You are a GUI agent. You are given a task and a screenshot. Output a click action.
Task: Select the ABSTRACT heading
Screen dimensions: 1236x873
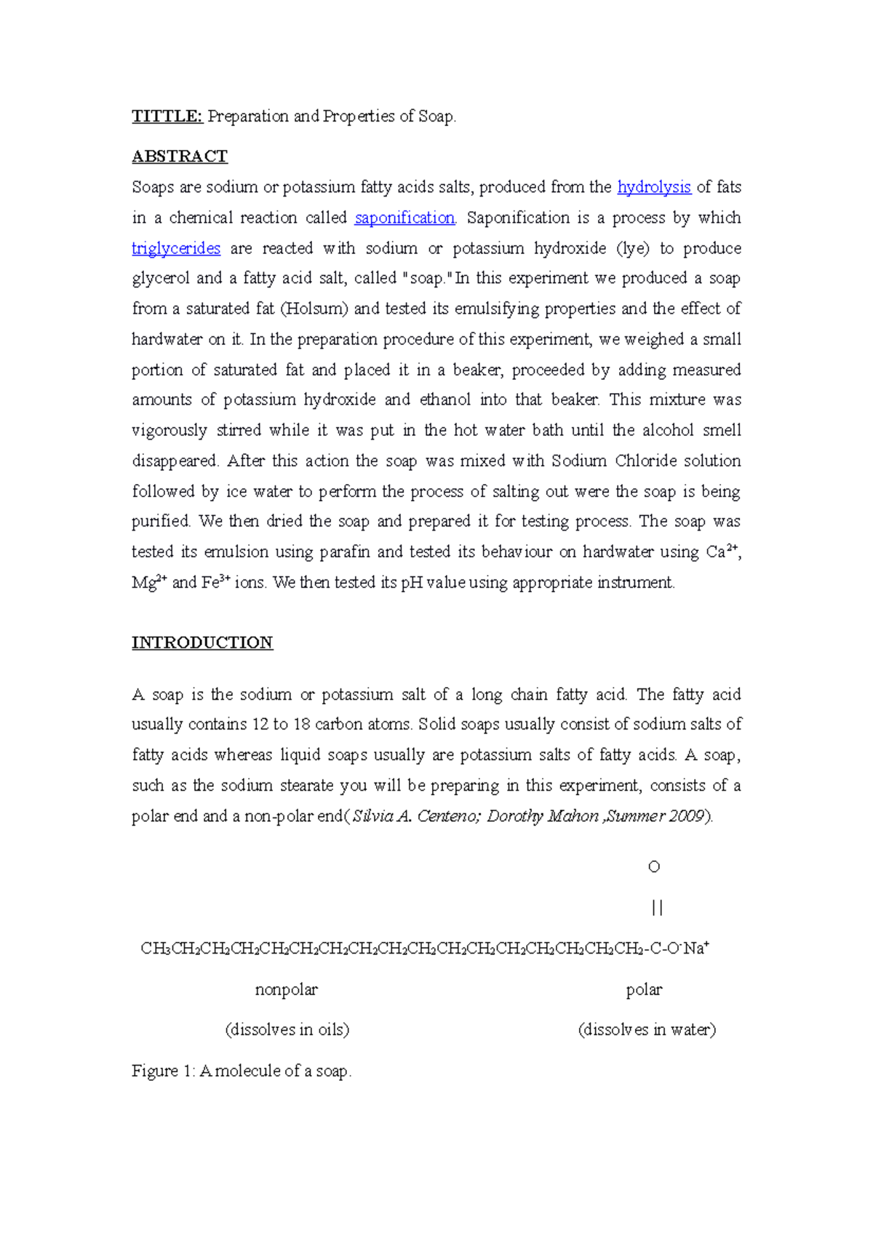click(x=179, y=157)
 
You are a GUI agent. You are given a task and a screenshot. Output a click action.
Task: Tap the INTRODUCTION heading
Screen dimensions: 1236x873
click(x=202, y=643)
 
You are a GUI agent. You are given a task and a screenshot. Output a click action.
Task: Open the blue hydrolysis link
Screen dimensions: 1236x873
click(x=653, y=187)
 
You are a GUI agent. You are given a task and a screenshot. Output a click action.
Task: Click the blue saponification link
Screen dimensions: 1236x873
click(x=404, y=218)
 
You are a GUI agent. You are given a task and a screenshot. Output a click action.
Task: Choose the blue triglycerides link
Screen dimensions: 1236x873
click(x=175, y=248)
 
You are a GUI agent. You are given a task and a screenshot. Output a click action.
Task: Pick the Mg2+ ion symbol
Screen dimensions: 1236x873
click(x=149, y=582)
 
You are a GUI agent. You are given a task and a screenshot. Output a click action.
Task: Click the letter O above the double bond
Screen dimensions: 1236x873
click(x=653, y=867)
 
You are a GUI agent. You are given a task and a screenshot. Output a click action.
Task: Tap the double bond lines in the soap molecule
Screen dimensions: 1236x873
click(x=657, y=908)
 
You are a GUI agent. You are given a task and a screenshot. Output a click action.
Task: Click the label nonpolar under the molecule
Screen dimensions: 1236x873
click(x=286, y=990)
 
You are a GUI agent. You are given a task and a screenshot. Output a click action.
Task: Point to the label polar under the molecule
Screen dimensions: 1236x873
click(x=644, y=990)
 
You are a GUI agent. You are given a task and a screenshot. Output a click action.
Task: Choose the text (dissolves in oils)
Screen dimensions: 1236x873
click(x=287, y=1030)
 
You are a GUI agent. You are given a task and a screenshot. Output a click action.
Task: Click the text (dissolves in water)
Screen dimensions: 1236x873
click(x=647, y=1030)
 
